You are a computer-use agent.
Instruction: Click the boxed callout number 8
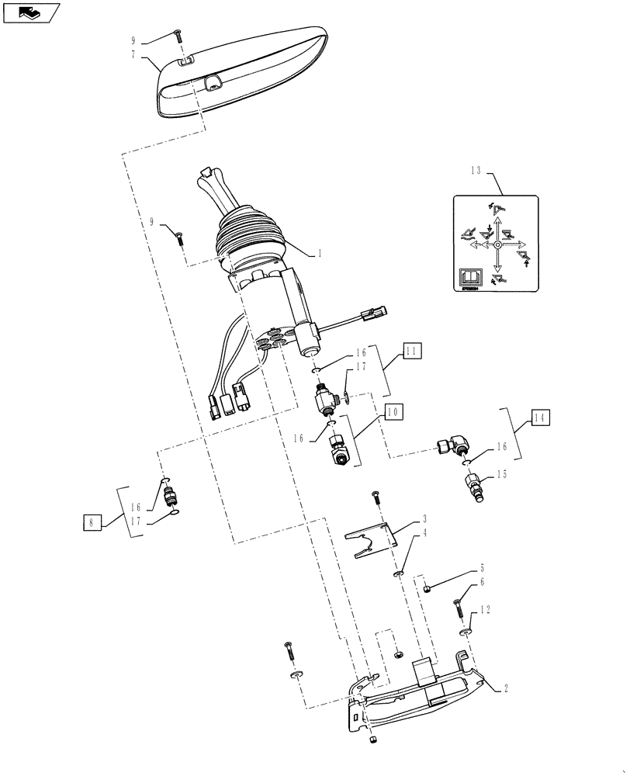coord(92,522)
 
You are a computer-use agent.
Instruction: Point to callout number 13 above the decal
coord(476,170)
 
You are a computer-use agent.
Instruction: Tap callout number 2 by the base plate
coord(506,688)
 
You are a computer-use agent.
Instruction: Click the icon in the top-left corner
coord(29,12)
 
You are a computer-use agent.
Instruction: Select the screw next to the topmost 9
coord(179,34)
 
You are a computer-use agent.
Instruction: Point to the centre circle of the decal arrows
coord(497,244)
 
